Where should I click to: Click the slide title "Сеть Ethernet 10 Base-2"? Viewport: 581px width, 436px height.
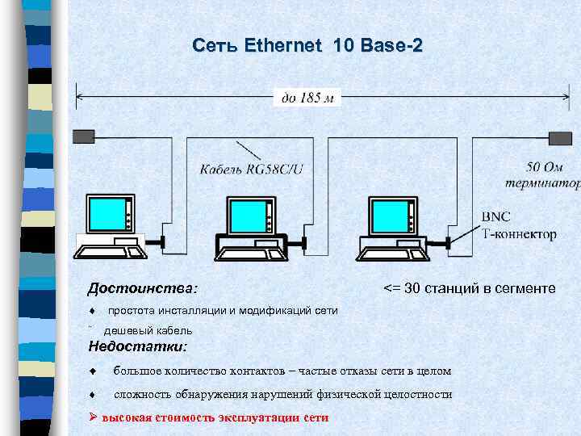[307, 46]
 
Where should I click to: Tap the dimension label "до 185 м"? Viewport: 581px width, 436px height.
[307, 98]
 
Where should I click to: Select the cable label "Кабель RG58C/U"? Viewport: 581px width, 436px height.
[252, 169]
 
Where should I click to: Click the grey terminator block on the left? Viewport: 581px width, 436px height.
[83, 136]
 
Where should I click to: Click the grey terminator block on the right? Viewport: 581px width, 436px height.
[559, 136]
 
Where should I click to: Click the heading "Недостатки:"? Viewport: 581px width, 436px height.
[137, 346]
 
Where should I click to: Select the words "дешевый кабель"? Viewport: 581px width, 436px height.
[148, 330]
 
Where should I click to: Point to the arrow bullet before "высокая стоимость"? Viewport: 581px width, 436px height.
[93, 417]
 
